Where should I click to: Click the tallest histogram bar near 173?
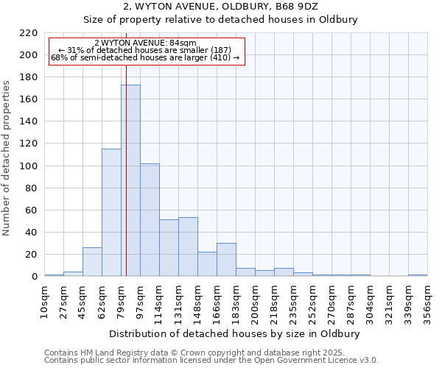(130, 180)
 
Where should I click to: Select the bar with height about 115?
(111, 213)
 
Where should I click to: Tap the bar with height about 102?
(150, 220)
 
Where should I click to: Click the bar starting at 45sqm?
(92, 262)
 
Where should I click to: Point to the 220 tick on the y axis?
(29, 33)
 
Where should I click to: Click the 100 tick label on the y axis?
(29, 166)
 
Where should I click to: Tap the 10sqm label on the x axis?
(45, 302)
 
